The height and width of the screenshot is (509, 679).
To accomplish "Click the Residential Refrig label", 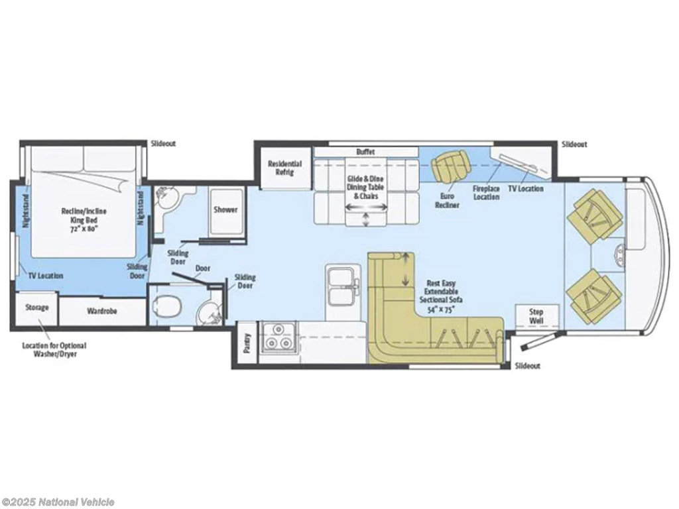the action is tap(284, 168).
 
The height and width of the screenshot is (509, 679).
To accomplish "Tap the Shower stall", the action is tap(226, 211).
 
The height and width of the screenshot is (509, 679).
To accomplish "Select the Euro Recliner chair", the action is tap(450, 165).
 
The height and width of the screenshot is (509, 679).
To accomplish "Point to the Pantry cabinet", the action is tap(247, 343).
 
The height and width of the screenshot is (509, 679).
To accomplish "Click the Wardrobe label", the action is tap(101, 311).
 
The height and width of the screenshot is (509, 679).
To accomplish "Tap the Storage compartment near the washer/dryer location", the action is tap(36, 309).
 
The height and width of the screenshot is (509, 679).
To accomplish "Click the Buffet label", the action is tap(365, 152).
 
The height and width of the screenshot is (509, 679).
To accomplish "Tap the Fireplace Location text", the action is tap(486, 193).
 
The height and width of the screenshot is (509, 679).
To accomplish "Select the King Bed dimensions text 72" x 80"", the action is tap(84, 228).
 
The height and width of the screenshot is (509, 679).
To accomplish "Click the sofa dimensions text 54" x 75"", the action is tap(440, 309).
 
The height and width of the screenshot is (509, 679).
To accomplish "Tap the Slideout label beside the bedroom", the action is tap(163, 143).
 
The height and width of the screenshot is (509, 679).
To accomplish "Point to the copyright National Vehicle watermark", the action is tap(58, 502).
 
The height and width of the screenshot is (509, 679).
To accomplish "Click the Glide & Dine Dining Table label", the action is tap(365, 183).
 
